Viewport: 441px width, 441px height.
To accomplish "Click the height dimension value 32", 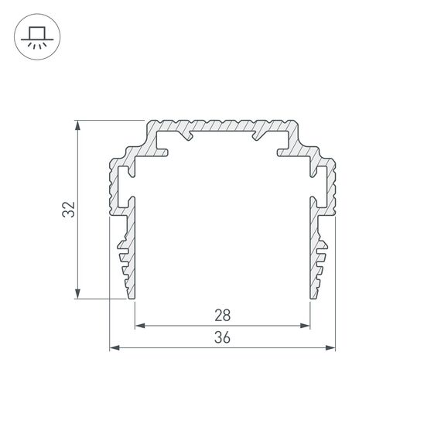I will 69,209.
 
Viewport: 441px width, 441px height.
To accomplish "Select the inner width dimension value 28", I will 222,315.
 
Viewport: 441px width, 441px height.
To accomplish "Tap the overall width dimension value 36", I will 222,337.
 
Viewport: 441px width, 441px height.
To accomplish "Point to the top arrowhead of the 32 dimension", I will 77,125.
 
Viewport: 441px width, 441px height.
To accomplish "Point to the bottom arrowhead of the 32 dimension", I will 77,293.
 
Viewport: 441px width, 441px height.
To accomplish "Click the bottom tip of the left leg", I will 132,296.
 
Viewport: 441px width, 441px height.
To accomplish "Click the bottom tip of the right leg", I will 313,296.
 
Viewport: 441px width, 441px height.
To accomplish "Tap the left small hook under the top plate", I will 186,138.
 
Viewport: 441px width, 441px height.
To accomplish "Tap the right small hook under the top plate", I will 258,138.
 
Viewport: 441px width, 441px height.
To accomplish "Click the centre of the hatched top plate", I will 222,125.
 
